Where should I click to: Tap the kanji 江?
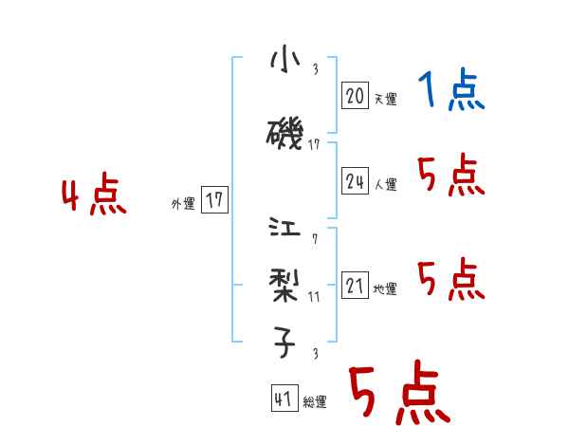click(x=284, y=230)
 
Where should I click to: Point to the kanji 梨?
click(x=284, y=282)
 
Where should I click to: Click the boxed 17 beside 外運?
click(x=214, y=200)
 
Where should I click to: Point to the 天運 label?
click(x=385, y=99)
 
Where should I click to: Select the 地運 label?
click(x=385, y=288)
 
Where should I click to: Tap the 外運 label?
click(x=183, y=203)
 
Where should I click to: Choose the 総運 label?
click(x=315, y=402)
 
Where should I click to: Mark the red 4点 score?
click(x=94, y=196)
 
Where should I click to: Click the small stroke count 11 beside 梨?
click(x=314, y=297)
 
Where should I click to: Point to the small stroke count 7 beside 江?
click(x=314, y=238)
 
